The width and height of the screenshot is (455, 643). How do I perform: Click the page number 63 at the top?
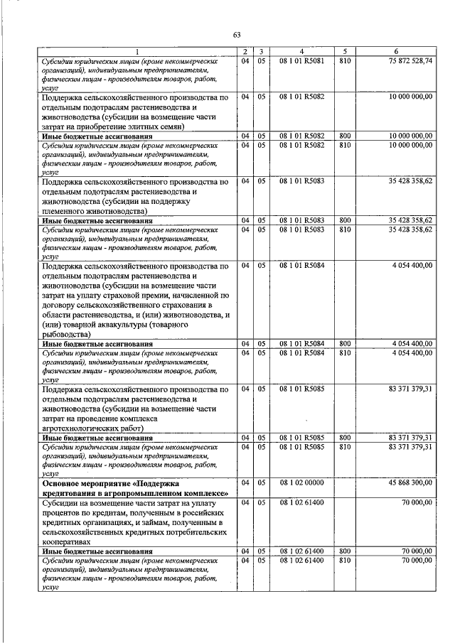pyautogui.click(x=237, y=33)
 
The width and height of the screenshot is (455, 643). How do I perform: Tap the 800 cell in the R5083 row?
pyautogui.click(x=345, y=221)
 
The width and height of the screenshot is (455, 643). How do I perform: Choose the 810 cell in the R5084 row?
pyautogui.click(x=345, y=352)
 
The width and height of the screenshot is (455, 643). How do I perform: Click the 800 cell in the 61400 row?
pyautogui.click(x=345, y=551)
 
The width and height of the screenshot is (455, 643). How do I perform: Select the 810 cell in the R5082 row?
pyautogui.click(x=345, y=145)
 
